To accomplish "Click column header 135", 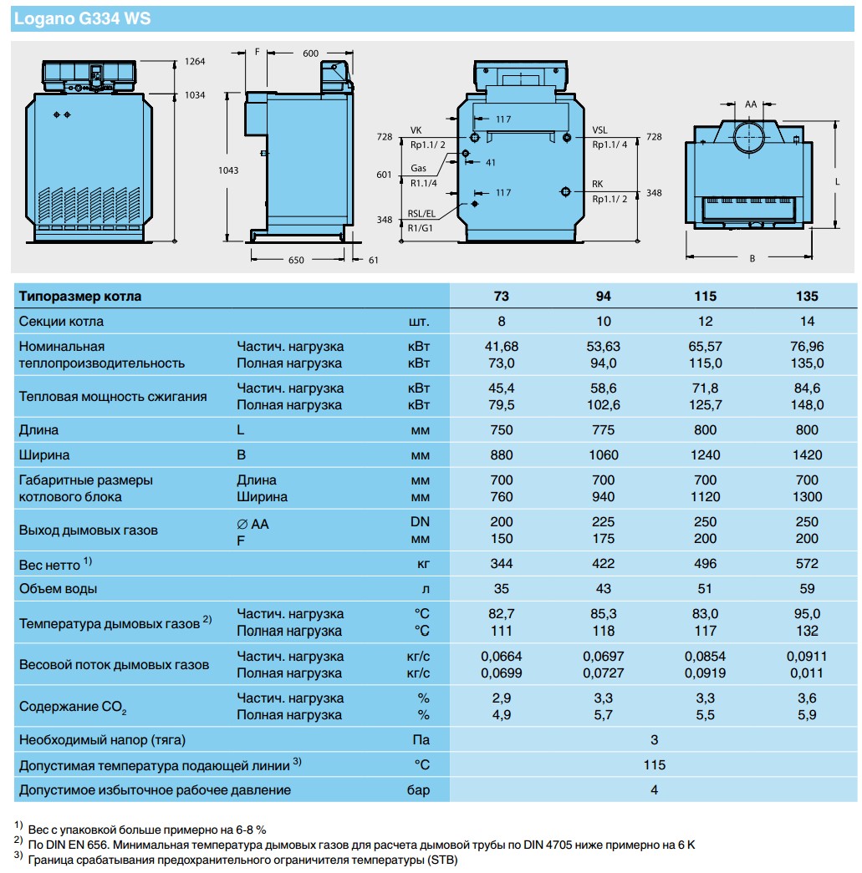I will coord(808,296).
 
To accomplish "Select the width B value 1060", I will coord(603,455).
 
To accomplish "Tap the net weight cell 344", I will coord(501,564).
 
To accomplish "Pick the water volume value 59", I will coord(808,588).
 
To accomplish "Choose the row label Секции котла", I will coord(61,322).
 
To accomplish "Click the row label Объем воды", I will coord(58,588).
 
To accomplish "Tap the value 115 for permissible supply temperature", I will coord(655,764).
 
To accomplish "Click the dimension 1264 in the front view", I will coord(195,61).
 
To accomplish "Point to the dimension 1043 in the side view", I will coord(228,170).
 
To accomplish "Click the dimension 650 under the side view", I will coord(296,260).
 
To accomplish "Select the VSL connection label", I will coord(600,129).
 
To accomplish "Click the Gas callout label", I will coord(418,169).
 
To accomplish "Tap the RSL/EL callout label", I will coord(422,213).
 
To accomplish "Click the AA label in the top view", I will coord(750,104).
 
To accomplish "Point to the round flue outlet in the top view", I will coord(750,135).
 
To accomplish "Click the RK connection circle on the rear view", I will coord(567,192).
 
